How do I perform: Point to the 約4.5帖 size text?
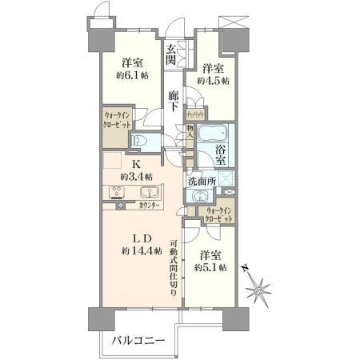point(215,81)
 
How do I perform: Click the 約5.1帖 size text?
point(212,268)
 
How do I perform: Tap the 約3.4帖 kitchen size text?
point(137,176)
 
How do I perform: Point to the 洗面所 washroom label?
point(201,181)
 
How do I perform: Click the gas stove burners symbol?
point(118,194)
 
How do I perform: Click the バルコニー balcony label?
point(137,341)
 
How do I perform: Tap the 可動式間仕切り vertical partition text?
point(174,268)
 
